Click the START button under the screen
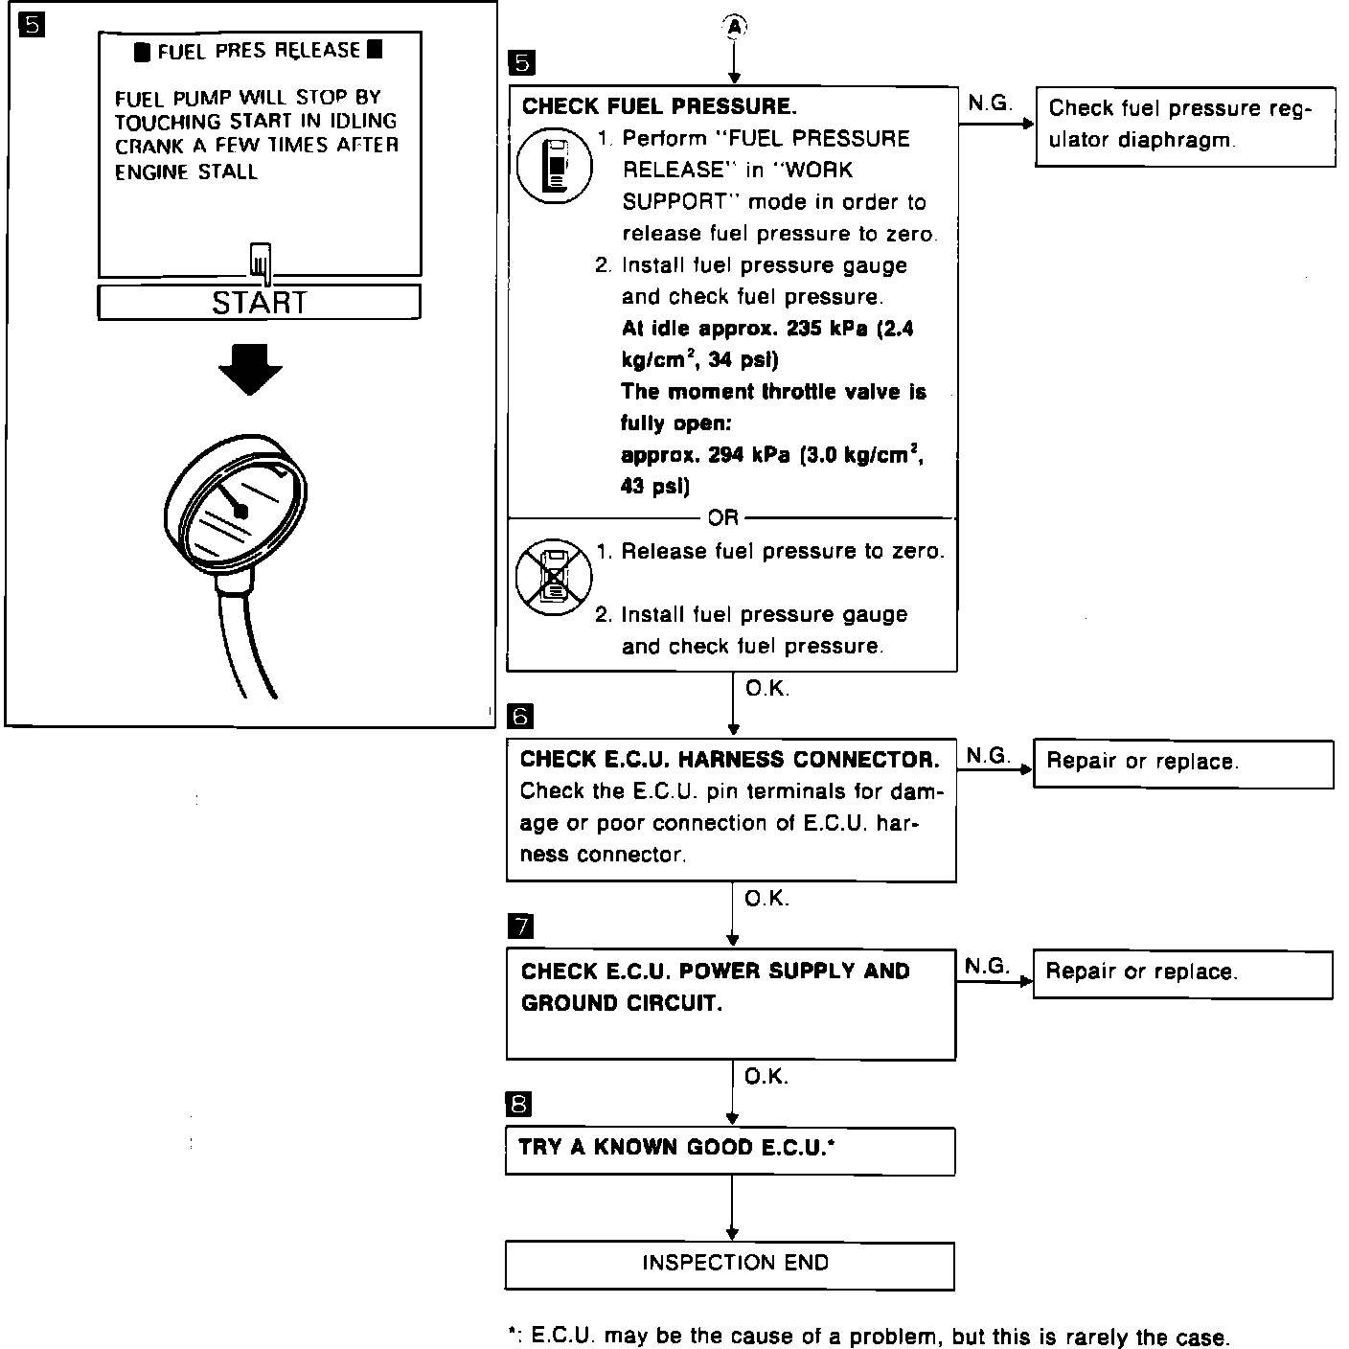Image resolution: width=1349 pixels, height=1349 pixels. click(x=259, y=302)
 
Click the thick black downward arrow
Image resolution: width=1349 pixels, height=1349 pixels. click(x=250, y=369)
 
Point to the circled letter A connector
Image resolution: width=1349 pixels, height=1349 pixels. click(x=733, y=28)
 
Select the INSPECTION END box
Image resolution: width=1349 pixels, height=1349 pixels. click(x=730, y=1265)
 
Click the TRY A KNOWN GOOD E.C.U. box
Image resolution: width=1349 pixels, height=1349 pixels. click(x=730, y=1150)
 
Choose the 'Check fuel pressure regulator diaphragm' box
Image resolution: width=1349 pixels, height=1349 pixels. click(x=1185, y=125)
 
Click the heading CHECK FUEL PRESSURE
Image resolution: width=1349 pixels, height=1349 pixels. click(x=659, y=105)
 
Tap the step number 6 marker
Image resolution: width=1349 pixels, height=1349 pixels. click(x=520, y=716)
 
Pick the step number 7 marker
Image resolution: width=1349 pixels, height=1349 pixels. click(x=520, y=926)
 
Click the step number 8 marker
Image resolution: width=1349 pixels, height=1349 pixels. click(x=518, y=1105)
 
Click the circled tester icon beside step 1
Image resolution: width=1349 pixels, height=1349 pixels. click(x=554, y=165)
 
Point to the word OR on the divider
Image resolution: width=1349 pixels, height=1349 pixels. click(x=722, y=518)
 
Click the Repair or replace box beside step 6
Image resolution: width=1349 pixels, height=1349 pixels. click(x=1183, y=764)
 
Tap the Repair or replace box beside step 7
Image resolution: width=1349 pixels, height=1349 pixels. click(x=1182, y=974)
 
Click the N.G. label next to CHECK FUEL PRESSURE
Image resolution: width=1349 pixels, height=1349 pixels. click(x=990, y=103)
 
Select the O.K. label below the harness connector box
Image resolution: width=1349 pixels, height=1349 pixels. click(x=766, y=899)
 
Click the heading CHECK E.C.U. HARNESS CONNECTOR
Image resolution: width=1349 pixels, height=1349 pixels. click(x=729, y=760)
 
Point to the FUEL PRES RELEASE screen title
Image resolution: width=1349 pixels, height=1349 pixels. click(x=259, y=51)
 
